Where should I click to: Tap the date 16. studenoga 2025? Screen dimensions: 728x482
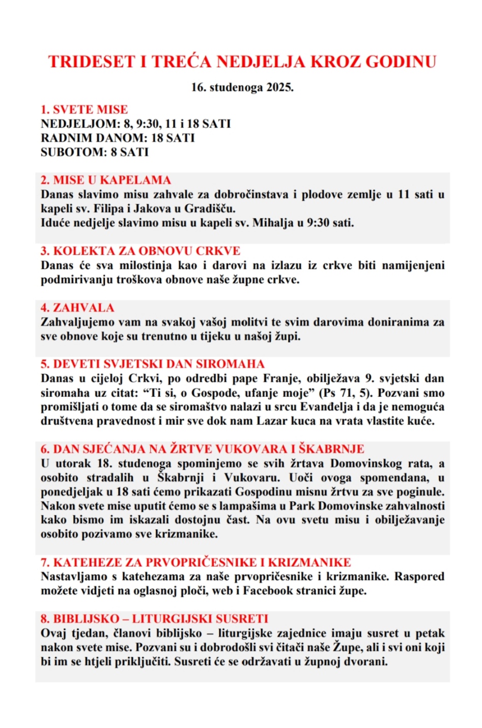242,87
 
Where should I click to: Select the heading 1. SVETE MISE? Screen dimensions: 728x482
84,109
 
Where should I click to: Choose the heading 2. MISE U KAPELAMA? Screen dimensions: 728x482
105,180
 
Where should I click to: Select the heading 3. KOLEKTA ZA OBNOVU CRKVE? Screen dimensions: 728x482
140,251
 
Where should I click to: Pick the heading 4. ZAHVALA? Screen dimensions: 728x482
77,308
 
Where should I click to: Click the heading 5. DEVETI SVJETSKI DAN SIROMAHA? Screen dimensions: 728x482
152,364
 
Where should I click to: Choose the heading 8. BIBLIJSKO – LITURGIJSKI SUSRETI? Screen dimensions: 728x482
154,619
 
